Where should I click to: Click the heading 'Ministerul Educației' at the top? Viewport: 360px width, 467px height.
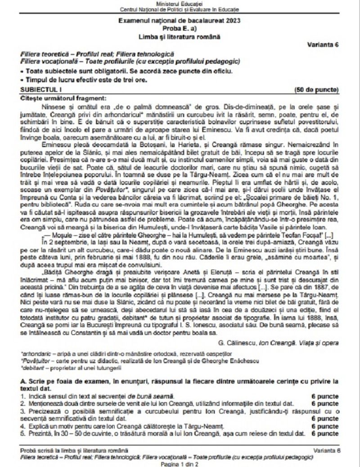(179, 4)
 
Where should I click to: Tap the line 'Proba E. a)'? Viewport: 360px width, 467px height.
(179, 27)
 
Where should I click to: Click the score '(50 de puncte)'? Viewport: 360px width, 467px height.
(316, 90)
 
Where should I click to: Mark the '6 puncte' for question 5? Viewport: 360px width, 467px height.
(325, 433)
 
